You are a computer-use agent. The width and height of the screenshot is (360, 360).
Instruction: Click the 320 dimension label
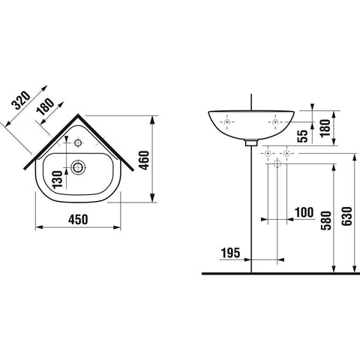tap(22, 100)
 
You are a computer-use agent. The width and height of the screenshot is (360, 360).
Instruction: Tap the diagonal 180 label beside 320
tap(45, 106)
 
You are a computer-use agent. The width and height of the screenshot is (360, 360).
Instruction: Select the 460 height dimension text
tap(144, 160)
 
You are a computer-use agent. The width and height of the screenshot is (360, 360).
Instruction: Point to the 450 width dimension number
tap(78, 220)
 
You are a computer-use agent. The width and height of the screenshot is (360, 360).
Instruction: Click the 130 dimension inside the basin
tap(58, 179)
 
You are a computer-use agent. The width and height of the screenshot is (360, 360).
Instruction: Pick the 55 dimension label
tap(304, 136)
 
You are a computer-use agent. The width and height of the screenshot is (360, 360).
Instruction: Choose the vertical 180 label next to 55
tap(325, 128)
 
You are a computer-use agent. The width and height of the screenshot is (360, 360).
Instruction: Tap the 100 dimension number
tap(304, 213)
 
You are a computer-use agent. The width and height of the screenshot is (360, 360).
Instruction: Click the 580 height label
tap(326, 220)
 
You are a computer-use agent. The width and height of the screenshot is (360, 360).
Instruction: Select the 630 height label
tap(347, 217)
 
